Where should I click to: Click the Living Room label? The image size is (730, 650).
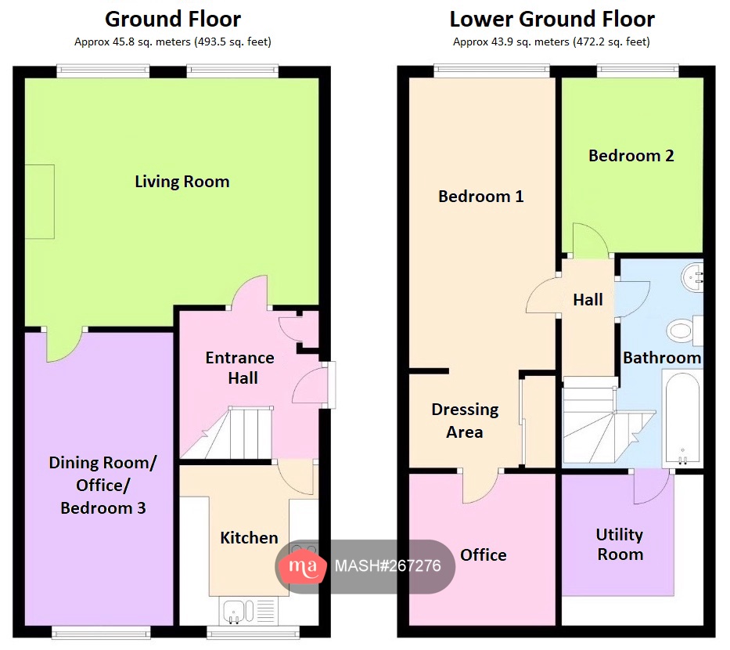click(x=182, y=182)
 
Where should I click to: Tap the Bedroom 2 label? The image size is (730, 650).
click(x=631, y=156)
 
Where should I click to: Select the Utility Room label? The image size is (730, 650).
click(x=620, y=544)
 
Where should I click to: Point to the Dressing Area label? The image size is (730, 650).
click(x=465, y=421)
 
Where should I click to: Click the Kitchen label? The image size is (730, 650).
click(x=249, y=538)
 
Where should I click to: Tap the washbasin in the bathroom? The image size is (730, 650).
click(x=692, y=275)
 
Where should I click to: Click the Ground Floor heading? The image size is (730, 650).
click(x=173, y=19)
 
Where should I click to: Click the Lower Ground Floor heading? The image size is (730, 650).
click(x=552, y=19)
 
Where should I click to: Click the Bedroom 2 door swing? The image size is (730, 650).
click(x=589, y=240)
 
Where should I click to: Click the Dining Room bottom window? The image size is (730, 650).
click(x=102, y=630)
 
